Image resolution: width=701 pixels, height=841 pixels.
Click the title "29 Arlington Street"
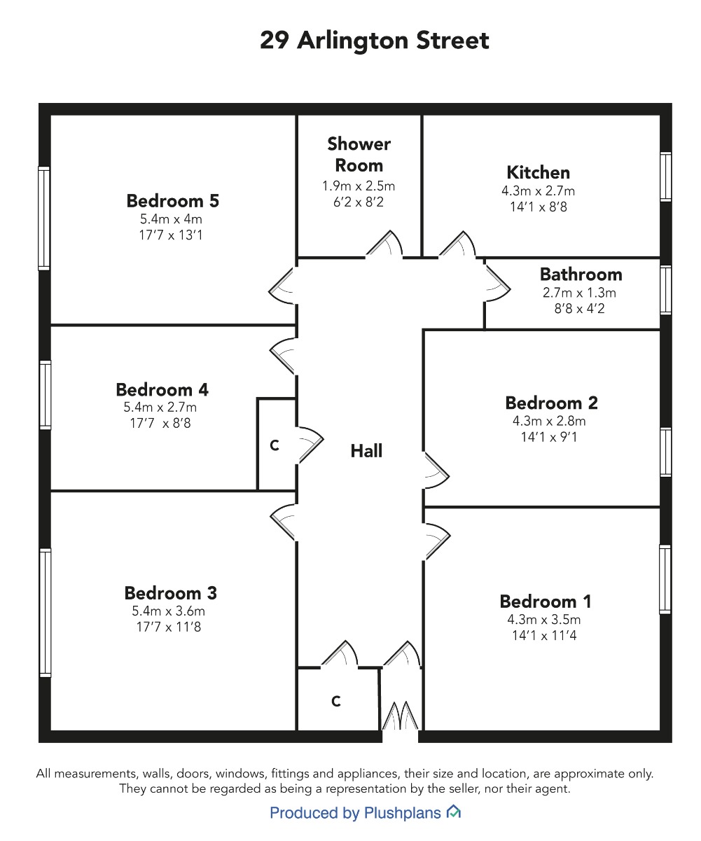pos(374,41)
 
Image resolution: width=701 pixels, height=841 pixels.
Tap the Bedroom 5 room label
pos(173,201)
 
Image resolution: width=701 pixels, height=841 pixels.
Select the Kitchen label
pos(539,173)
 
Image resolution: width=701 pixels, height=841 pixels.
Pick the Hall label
pos(366,451)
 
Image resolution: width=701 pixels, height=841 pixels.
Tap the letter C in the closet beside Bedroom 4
pos(275,445)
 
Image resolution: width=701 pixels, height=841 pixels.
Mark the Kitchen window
pos(666,176)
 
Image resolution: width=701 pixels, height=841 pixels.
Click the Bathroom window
pos(666,290)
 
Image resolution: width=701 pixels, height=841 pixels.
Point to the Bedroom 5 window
pos(44,218)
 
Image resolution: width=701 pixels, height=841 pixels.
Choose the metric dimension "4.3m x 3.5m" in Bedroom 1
pos(544,620)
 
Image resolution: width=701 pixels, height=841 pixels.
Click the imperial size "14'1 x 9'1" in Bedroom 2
pos(549,437)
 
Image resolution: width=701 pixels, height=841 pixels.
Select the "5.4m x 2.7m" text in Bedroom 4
pos(160,408)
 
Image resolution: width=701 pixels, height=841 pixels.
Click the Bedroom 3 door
pos(283,522)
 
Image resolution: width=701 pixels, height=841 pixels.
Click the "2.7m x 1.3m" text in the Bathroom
pos(579,293)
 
